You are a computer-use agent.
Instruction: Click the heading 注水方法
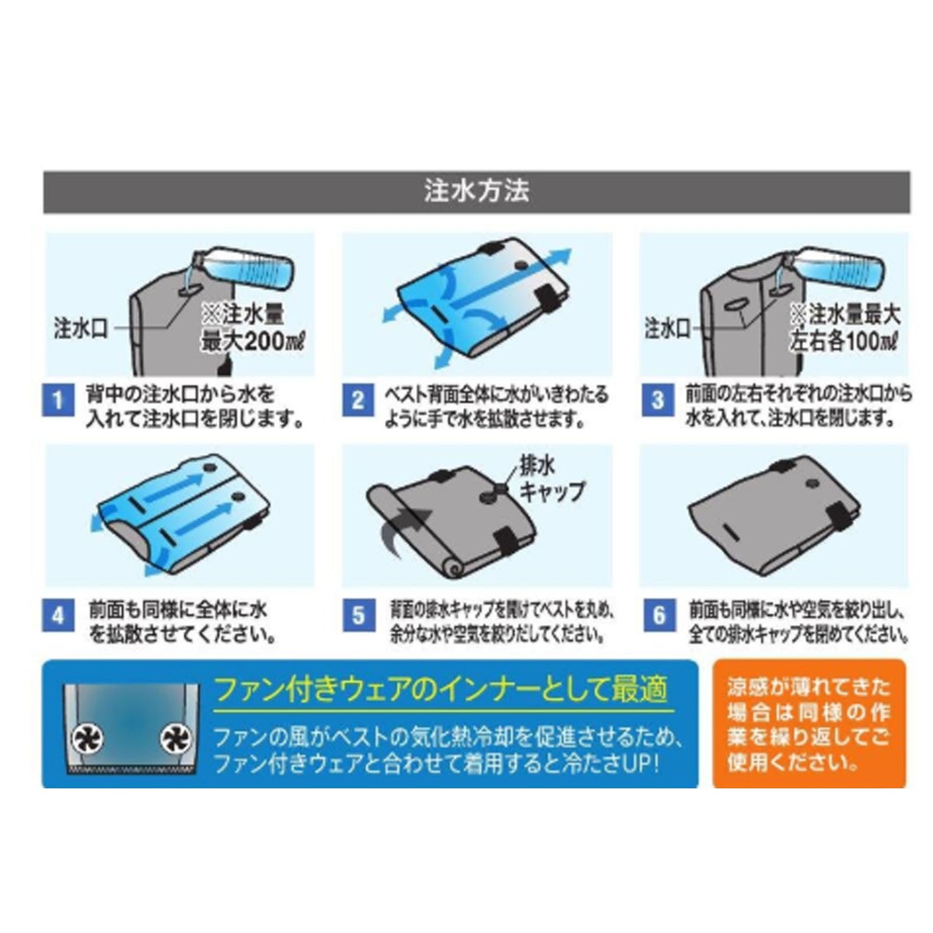[477, 191]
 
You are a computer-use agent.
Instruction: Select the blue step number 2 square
[358, 400]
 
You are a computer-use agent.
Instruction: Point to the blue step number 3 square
[658, 400]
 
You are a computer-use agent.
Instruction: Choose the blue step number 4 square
[58, 615]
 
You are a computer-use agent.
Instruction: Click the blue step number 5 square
[358, 615]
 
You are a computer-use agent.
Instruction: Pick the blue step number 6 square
[659, 615]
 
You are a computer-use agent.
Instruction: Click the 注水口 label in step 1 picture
[80, 329]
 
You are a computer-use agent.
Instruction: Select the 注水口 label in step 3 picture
[666, 329]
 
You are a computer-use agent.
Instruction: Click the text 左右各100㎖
[844, 342]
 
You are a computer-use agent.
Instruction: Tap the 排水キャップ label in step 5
[551, 478]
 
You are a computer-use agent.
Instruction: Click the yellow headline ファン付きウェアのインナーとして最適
[442, 690]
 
